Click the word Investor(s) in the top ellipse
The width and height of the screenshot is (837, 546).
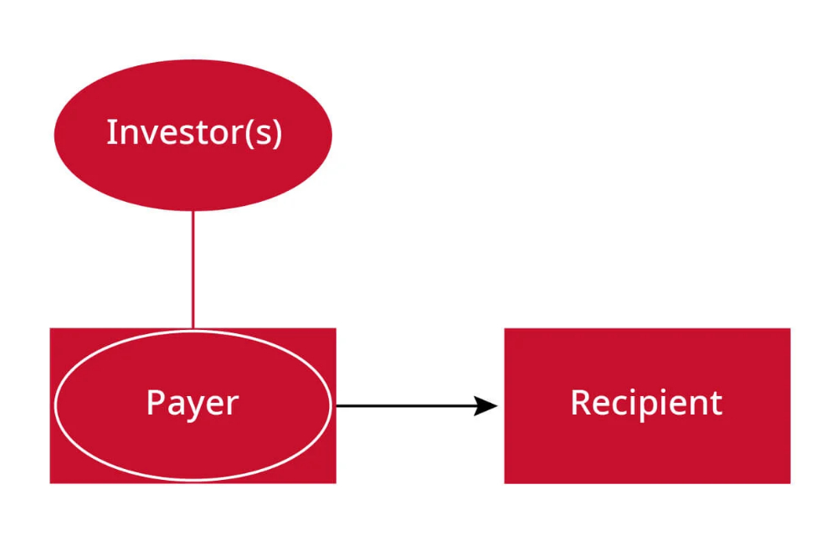tap(193, 133)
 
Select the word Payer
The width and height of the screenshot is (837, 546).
tap(193, 403)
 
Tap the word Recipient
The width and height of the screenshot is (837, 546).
tap(646, 403)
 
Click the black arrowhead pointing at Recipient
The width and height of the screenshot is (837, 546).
tap(486, 406)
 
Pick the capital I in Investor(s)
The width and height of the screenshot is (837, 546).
tap(110, 132)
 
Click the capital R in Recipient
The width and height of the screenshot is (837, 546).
tap(579, 403)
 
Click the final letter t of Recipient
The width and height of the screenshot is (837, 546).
tap(716, 404)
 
